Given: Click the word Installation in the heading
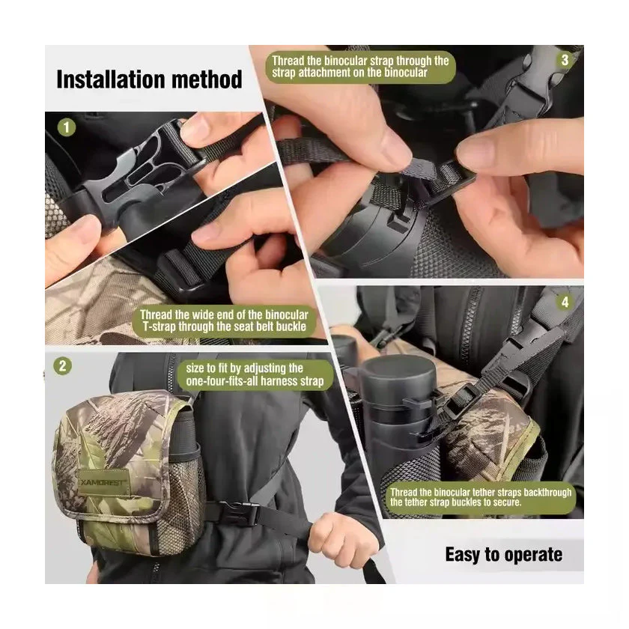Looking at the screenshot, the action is (x=111, y=79).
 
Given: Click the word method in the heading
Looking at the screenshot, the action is (x=207, y=79).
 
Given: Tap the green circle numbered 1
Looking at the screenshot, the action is (x=67, y=127).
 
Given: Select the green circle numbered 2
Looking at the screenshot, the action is (x=63, y=366).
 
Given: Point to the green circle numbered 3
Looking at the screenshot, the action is (x=565, y=60).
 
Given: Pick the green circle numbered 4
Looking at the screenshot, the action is (x=565, y=302).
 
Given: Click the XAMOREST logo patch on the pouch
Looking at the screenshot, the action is (x=103, y=482).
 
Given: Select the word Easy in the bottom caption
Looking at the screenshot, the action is (x=463, y=555).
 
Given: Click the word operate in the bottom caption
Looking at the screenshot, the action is (x=533, y=556).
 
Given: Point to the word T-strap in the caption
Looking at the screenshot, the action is (x=159, y=326).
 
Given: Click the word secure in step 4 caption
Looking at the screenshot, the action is (x=509, y=502).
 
